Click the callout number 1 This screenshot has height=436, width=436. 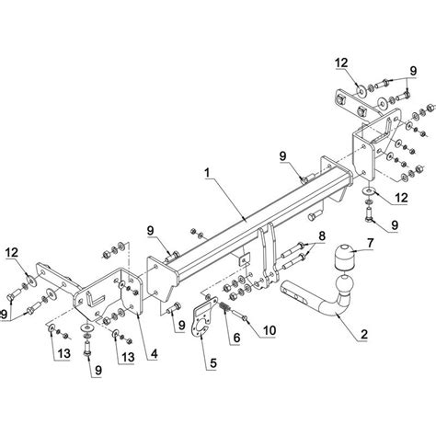(x=208, y=173)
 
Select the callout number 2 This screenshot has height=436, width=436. (x=364, y=334)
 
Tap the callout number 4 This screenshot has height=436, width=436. (x=154, y=354)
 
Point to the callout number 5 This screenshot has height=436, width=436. (x=212, y=363)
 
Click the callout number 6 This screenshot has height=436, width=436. (x=236, y=338)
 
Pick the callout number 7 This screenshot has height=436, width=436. (x=371, y=243)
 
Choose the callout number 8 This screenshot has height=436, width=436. (x=322, y=236)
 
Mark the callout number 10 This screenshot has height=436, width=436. (x=270, y=330)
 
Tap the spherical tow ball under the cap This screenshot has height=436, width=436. (x=345, y=283)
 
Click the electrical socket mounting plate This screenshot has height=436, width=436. (x=203, y=316)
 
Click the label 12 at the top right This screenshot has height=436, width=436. (x=341, y=63)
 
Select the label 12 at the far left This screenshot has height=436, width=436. (x=12, y=253)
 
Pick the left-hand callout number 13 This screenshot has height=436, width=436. (x=64, y=354)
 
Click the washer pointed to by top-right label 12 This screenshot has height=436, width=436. (x=361, y=91)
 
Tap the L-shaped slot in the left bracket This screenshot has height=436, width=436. (x=94, y=298)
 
